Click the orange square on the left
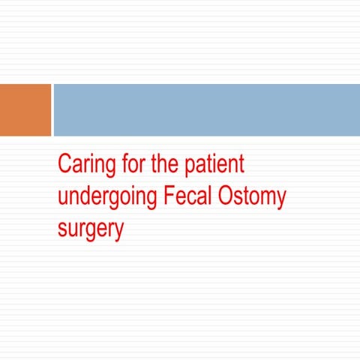[25, 109]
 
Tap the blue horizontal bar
[206, 109]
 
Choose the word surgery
[90, 230]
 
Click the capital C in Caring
[64, 164]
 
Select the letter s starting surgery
[61, 229]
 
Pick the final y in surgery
[118, 232]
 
